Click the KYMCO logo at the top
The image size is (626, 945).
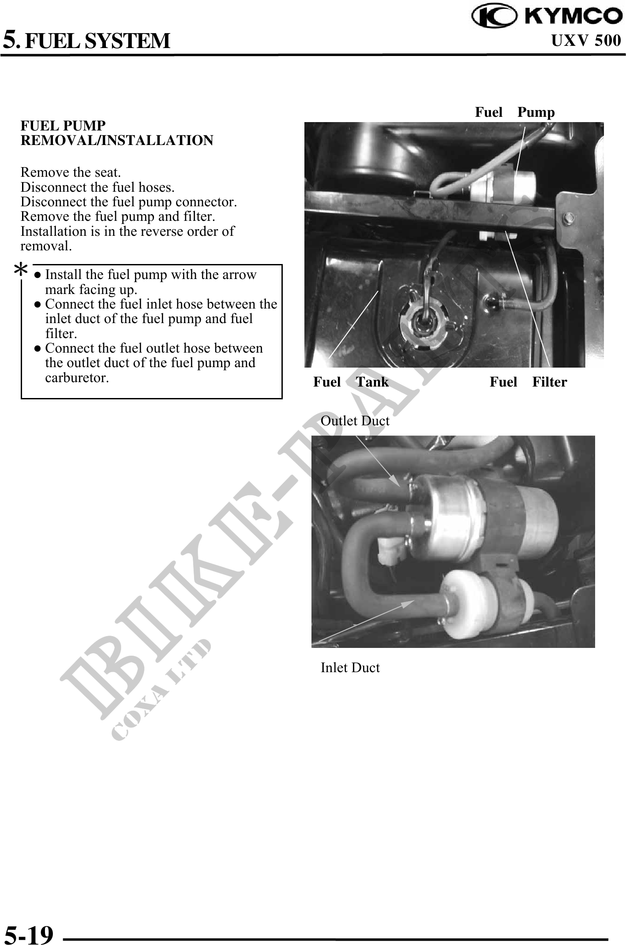coord(547,15)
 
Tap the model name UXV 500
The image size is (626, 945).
coord(586,41)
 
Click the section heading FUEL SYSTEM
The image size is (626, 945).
coord(97,41)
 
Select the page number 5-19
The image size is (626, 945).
coord(29,933)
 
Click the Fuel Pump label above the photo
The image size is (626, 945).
coord(515,112)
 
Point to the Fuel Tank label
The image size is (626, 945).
coord(351,382)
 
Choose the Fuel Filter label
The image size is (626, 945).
coord(528,382)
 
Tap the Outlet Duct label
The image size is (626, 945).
coord(355,421)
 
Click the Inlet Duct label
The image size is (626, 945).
coord(350,668)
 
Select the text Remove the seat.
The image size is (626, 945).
coord(71,172)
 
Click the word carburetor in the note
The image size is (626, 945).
coord(77,378)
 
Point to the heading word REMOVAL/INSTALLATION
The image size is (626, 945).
coord(117,141)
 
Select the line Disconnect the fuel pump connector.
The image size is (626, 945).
coord(129,202)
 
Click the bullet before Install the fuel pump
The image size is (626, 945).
coord(38,275)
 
